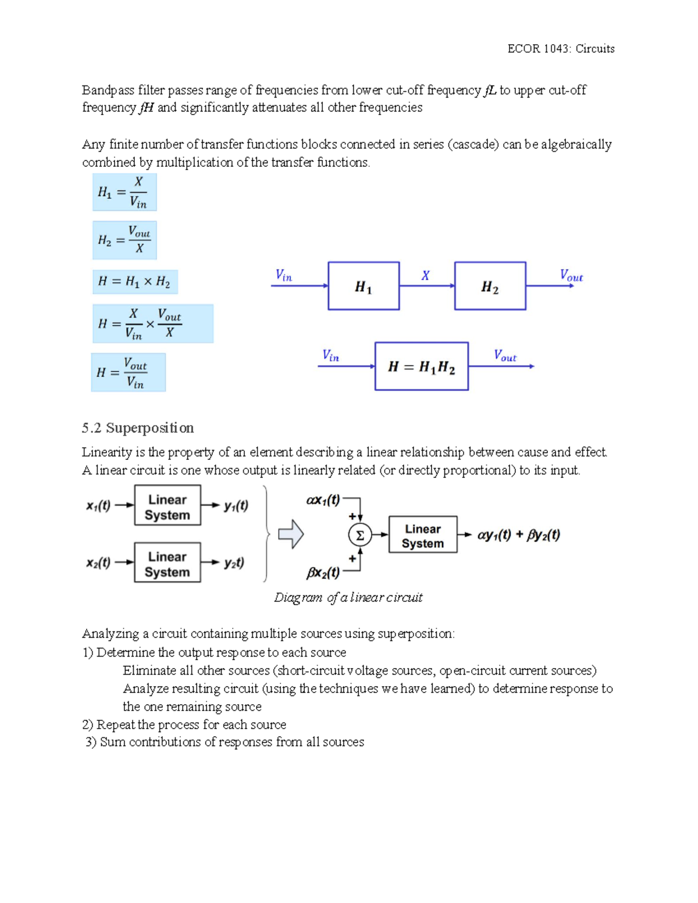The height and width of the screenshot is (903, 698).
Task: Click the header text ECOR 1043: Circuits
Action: [x=561, y=49]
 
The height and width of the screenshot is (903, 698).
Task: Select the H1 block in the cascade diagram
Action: [x=364, y=285]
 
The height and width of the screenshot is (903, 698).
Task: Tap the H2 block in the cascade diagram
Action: [x=490, y=285]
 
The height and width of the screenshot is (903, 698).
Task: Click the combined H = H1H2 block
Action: [x=421, y=366]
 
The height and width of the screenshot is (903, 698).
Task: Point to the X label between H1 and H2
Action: [x=426, y=276]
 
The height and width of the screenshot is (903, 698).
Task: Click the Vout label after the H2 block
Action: [x=571, y=275]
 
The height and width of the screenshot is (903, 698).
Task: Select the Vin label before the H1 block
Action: [x=284, y=275]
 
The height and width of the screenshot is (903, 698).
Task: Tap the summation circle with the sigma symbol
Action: [x=359, y=535]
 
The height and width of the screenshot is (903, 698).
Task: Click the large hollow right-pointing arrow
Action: [x=291, y=534]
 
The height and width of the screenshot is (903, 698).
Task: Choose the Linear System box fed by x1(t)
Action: [x=168, y=506]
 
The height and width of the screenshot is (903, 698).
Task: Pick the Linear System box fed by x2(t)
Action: [x=168, y=563]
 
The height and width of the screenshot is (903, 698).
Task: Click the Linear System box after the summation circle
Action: [x=423, y=535]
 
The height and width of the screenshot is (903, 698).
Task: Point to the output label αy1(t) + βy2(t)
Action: [x=518, y=535]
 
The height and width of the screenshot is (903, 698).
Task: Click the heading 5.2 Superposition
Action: [x=138, y=428]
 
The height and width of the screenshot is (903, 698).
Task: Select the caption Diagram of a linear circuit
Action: [x=348, y=598]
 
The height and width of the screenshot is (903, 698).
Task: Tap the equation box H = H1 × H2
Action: [x=135, y=282]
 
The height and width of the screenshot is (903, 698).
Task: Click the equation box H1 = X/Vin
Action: [x=124, y=192]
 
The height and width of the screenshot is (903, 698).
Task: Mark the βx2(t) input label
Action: [x=323, y=573]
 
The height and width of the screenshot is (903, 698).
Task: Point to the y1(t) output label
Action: [x=236, y=506]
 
